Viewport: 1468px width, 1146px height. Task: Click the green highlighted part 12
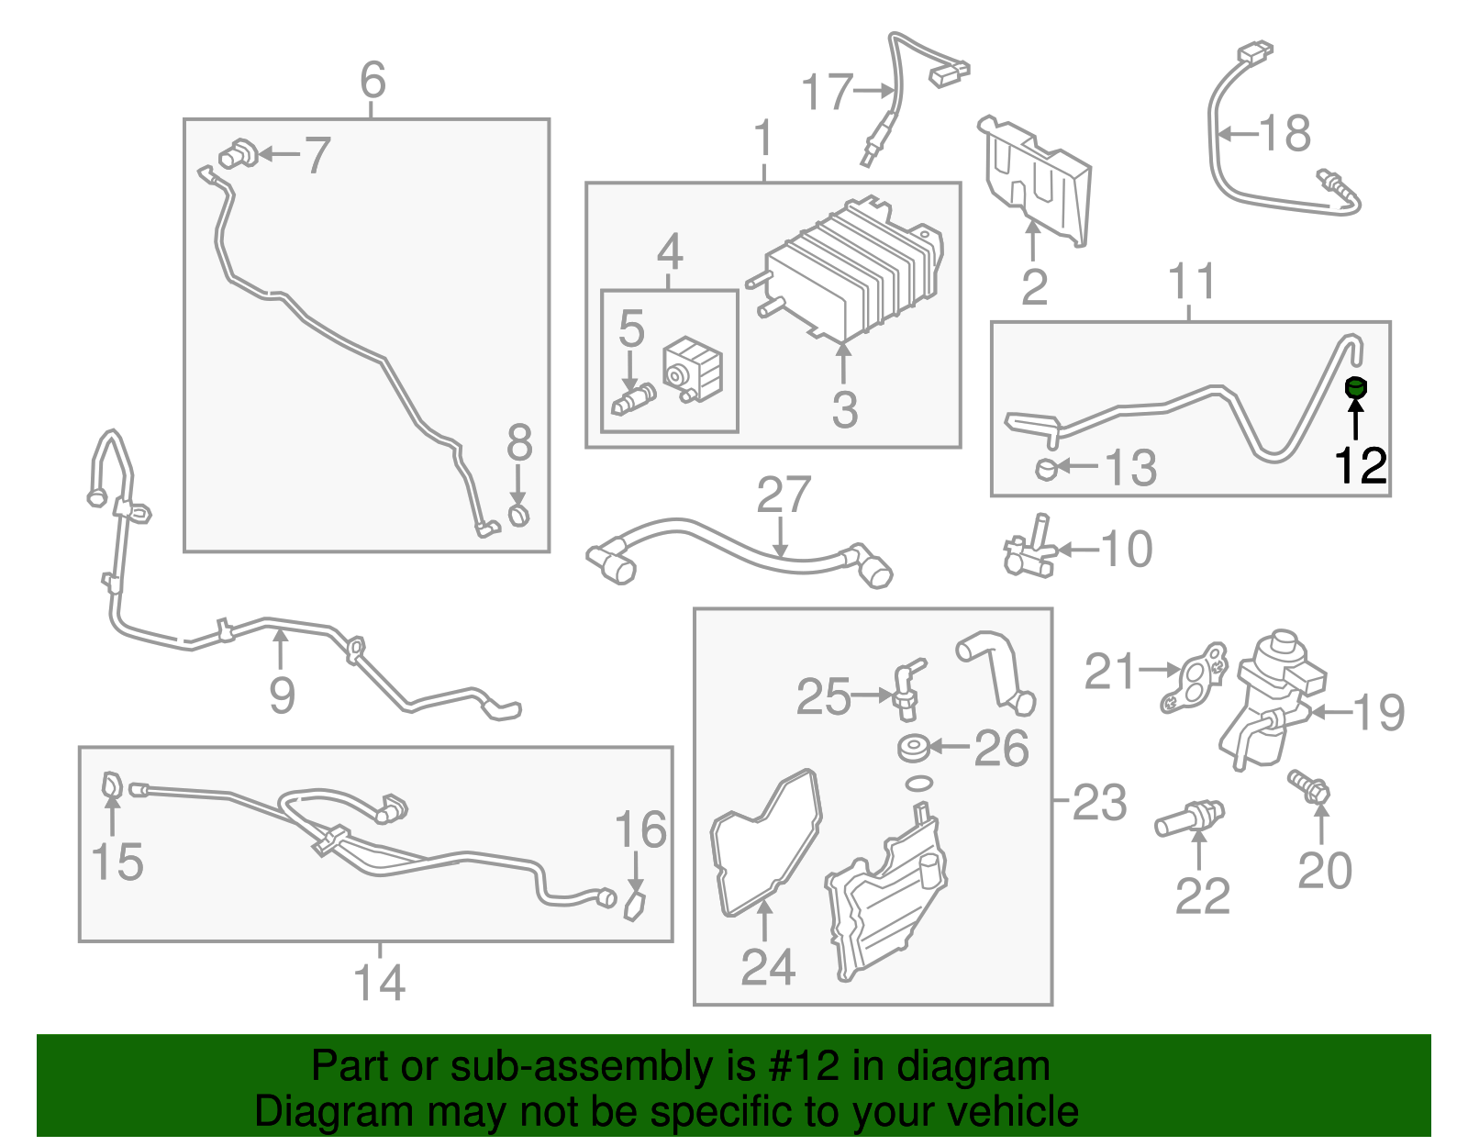pyautogui.click(x=1355, y=388)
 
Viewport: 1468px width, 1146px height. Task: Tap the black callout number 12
pyautogui.click(x=1360, y=465)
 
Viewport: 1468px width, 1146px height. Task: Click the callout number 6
pyautogui.click(x=373, y=80)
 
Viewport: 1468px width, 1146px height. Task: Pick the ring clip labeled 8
pyautogui.click(x=518, y=514)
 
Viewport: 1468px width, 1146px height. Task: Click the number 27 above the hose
pyautogui.click(x=783, y=495)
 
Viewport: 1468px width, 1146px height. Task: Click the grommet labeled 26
pyautogui.click(x=914, y=749)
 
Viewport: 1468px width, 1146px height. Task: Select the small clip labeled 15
pyautogui.click(x=111, y=785)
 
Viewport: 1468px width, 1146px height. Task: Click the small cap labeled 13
pyautogui.click(x=1046, y=469)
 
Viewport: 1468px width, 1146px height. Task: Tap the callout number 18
pyautogui.click(x=1284, y=134)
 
